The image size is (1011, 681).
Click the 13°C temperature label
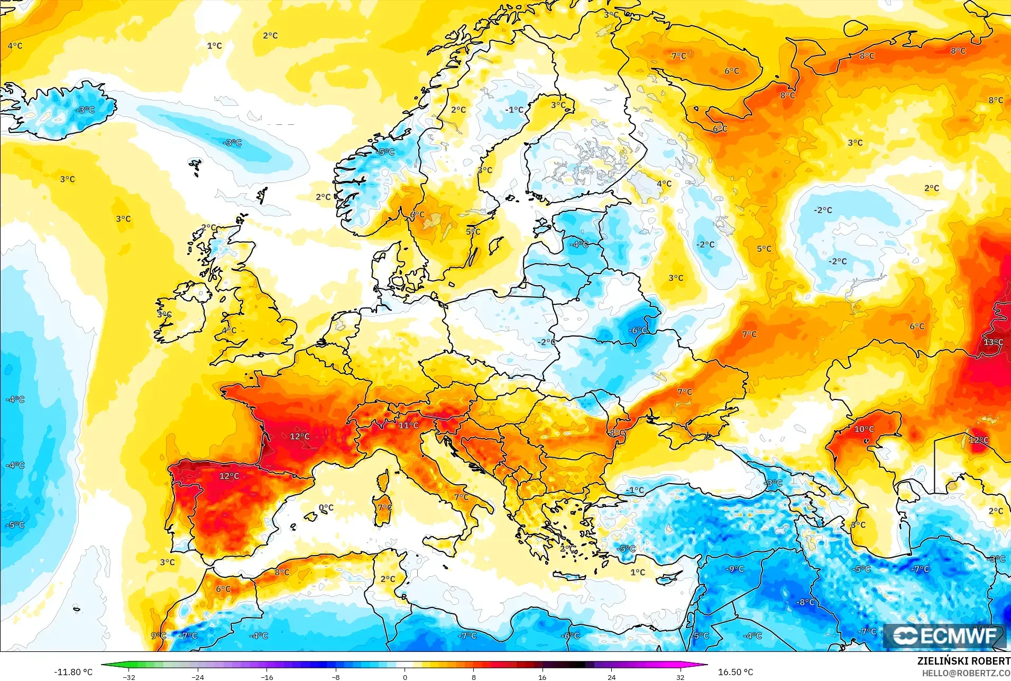pos(994,342)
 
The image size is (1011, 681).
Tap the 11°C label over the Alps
pos(408,425)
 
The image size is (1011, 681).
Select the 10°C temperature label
pos(864,429)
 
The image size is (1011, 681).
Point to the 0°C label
pos(326,507)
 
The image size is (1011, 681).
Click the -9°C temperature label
pos(735,569)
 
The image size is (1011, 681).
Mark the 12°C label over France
pos(299,437)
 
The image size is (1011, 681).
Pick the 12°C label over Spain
pos(229,476)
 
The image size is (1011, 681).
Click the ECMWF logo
pos(944,636)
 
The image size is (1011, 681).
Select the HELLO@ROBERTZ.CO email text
pos(966,673)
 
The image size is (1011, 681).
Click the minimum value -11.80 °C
pos(73,672)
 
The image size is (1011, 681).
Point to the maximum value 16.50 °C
pos(735,672)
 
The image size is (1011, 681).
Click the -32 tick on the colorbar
pos(129,677)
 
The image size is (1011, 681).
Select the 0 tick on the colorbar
pos(405,677)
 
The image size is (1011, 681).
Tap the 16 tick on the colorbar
pos(542,677)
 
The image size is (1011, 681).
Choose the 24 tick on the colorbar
pos(611,677)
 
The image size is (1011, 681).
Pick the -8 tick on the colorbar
pos(336,677)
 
